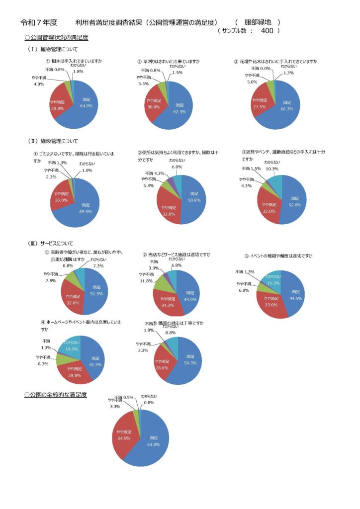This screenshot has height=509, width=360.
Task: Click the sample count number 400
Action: click(267, 31)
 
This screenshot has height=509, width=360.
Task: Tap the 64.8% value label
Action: click(87, 105)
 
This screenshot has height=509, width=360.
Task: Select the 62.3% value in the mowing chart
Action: click(180, 111)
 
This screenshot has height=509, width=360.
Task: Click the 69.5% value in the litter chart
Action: click(86, 211)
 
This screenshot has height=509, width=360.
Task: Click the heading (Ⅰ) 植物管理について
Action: click(53, 49)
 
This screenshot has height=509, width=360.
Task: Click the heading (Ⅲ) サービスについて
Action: click(51, 244)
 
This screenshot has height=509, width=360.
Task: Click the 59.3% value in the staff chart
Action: click(189, 362)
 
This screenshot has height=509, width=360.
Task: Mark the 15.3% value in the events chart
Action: click(273, 282)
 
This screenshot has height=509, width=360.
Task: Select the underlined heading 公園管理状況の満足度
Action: click(56, 37)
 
